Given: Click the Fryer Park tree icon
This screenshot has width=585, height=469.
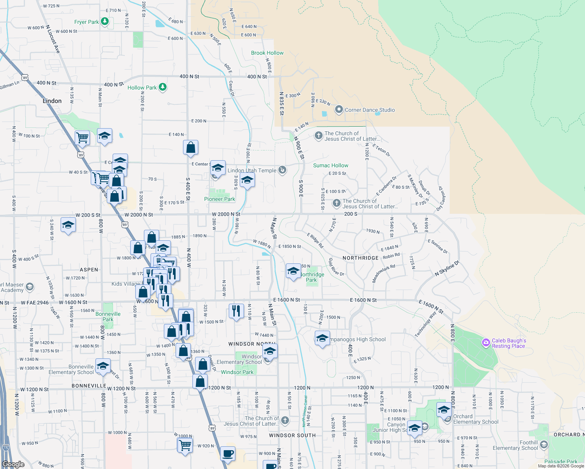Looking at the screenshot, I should (105, 21).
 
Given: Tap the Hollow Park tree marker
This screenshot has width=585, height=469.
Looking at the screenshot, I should (163, 88).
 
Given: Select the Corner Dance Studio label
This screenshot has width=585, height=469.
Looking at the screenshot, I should (370, 110).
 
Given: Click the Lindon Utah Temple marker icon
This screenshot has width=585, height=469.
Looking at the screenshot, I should (282, 170).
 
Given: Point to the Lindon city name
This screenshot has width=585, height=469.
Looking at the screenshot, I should (52, 101).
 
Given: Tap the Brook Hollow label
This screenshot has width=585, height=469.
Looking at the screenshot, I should (267, 53).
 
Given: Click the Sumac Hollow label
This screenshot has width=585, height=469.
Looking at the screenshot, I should (330, 165).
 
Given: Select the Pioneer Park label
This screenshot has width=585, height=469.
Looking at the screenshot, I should (219, 199).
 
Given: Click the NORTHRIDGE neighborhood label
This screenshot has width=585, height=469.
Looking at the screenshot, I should (361, 258).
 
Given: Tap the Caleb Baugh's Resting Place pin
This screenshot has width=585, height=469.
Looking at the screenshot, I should (486, 343).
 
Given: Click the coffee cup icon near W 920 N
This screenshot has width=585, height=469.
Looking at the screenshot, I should (228, 454).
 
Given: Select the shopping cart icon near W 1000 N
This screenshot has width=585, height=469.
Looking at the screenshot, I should (185, 445).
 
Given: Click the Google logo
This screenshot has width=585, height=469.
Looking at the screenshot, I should (13, 464).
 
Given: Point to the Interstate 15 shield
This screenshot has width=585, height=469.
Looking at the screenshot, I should (5, 448).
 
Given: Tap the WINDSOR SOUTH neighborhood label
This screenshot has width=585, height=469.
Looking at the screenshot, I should (292, 435).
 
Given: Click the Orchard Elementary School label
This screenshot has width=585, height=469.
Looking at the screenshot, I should (476, 419).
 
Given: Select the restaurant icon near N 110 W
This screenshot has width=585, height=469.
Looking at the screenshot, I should (236, 311).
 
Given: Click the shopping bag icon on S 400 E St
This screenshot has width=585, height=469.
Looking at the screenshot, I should (190, 148).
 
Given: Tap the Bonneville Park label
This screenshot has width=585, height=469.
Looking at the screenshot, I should (108, 317).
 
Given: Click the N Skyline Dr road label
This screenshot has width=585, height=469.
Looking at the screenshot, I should (447, 269).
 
